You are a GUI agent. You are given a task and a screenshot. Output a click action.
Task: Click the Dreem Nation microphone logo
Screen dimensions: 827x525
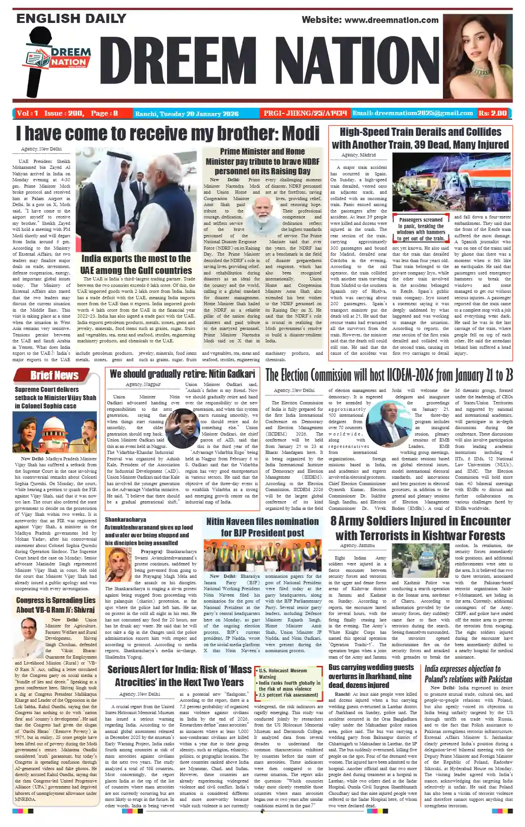tap(53, 65)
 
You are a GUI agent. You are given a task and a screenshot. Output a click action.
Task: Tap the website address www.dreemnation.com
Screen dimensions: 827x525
tap(370, 20)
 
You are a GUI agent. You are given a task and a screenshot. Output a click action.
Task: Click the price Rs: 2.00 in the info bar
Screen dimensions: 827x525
tap(493, 113)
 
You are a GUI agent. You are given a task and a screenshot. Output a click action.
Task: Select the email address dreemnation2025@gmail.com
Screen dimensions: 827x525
tap(412, 113)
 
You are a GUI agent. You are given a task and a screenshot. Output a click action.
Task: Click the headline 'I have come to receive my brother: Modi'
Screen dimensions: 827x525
tap(168, 134)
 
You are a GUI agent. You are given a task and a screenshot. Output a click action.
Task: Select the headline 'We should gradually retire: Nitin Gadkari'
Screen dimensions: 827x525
tap(182, 374)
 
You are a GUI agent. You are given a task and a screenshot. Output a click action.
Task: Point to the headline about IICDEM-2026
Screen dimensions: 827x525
tap(389, 375)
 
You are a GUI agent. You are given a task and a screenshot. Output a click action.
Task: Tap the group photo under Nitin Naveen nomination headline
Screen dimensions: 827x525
tap(262, 555)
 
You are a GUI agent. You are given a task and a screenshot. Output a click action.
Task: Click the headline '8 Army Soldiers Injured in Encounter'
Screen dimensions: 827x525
tap(420, 528)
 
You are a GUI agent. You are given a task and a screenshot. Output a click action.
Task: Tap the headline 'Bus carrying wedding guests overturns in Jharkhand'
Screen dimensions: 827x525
tap(371, 676)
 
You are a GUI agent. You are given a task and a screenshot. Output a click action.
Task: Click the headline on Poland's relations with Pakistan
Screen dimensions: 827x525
tap(468, 674)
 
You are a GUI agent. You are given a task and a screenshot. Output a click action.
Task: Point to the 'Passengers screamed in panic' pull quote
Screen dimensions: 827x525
tap(421, 229)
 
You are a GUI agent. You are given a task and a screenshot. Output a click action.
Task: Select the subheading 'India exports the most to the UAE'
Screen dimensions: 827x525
tap(136, 264)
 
